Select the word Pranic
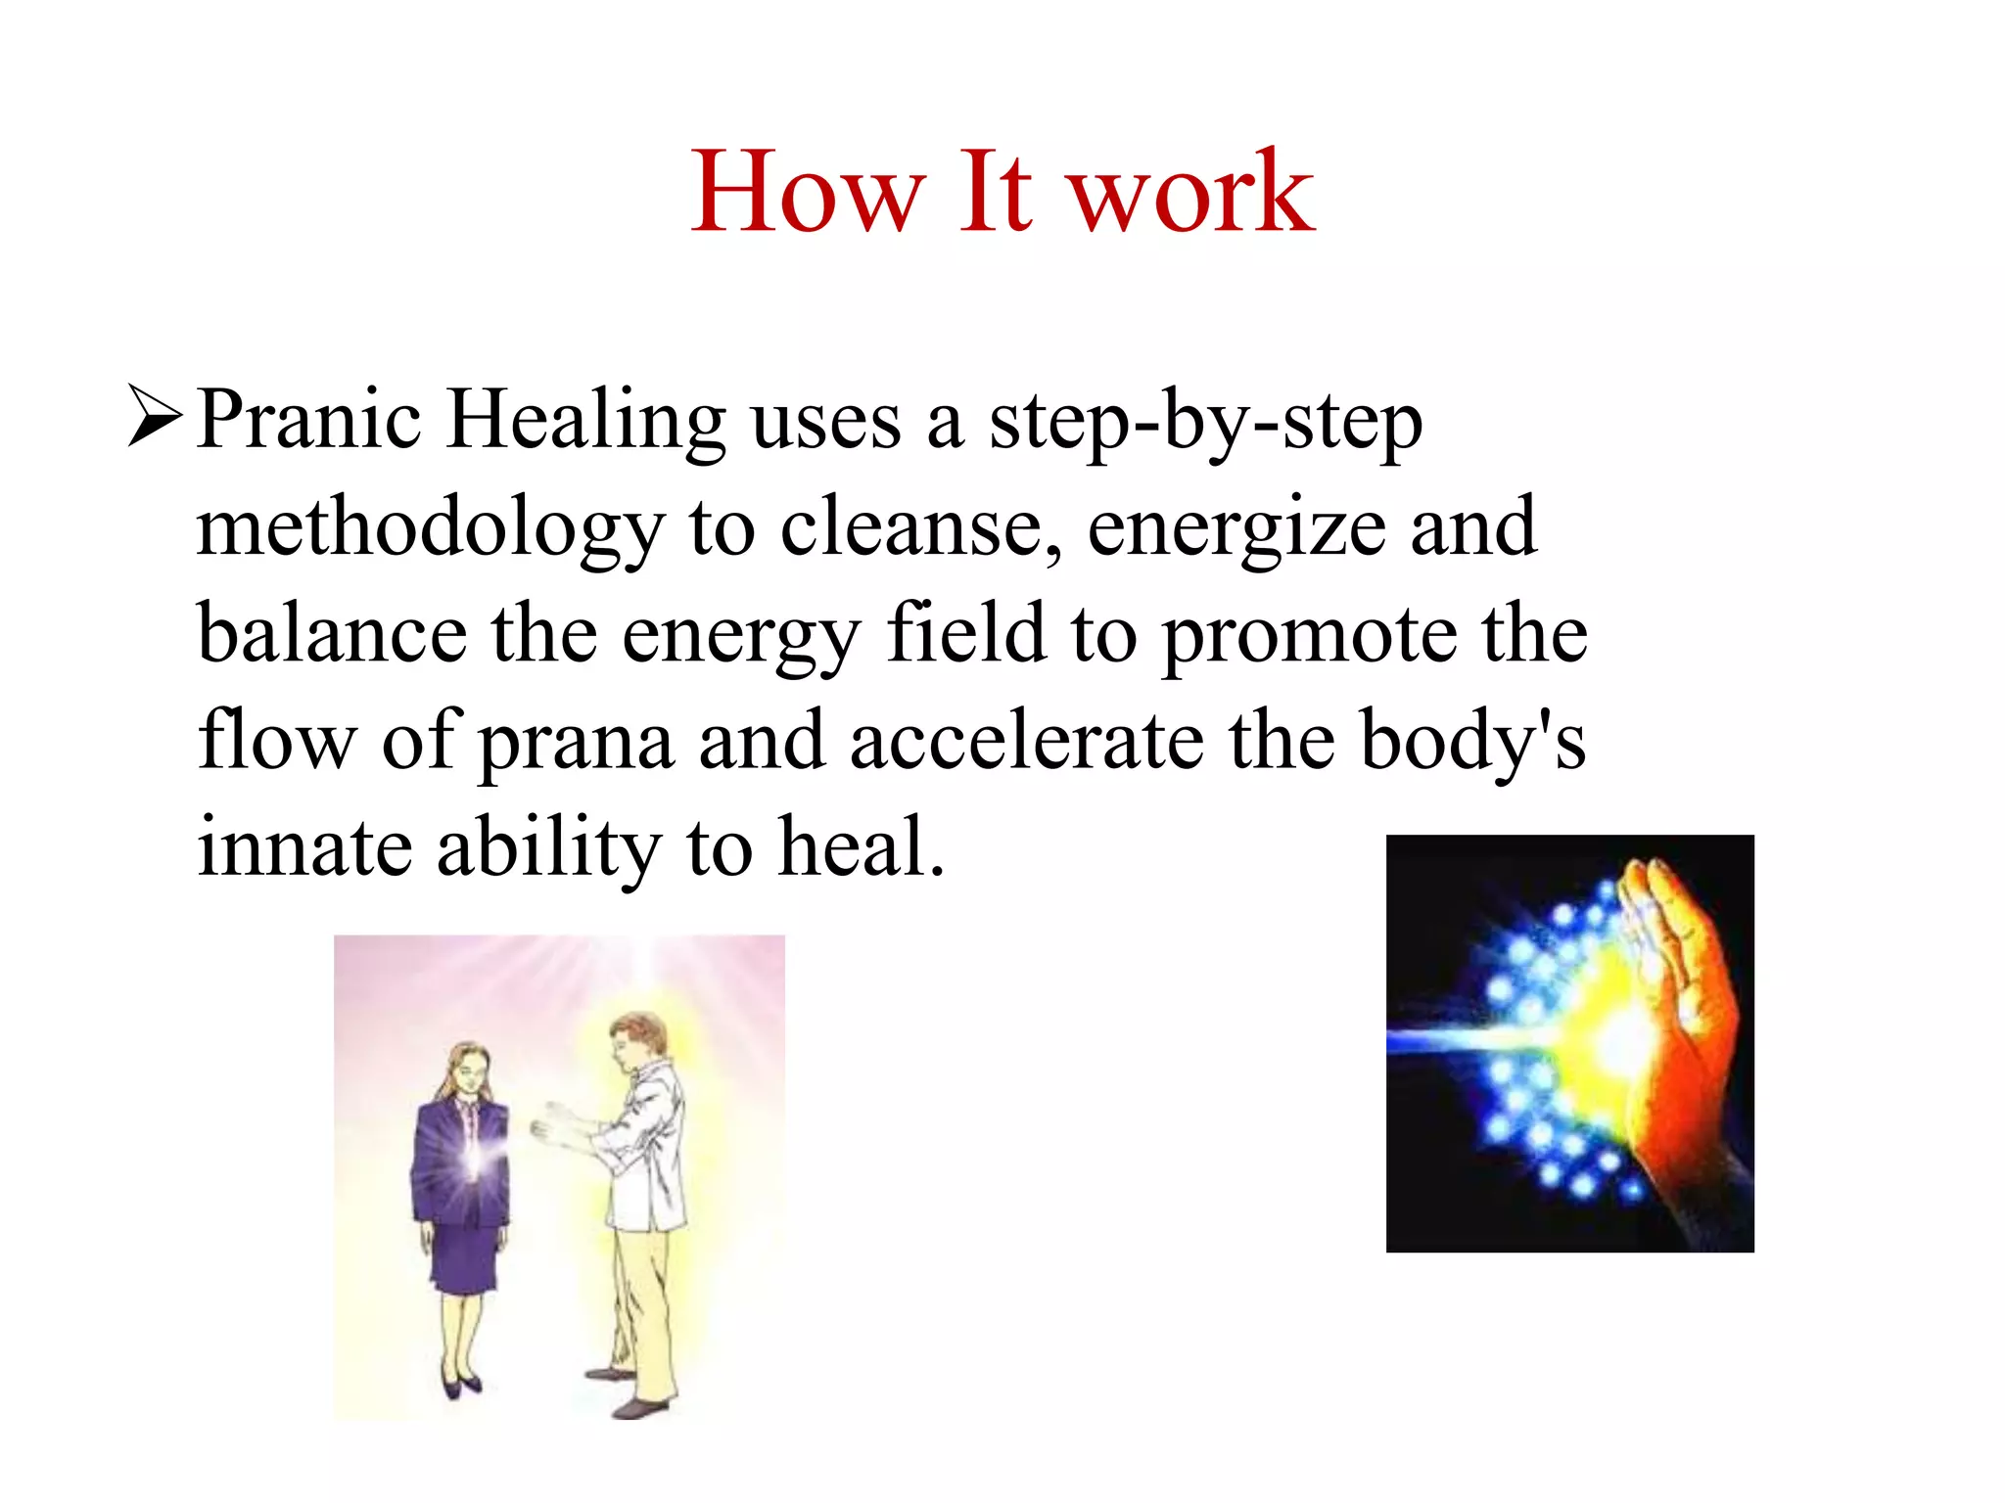click(x=309, y=421)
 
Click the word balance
click(x=332, y=634)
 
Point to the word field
click(x=966, y=634)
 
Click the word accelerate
click(x=1027, y=741)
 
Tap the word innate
click(x=304, y=846)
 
